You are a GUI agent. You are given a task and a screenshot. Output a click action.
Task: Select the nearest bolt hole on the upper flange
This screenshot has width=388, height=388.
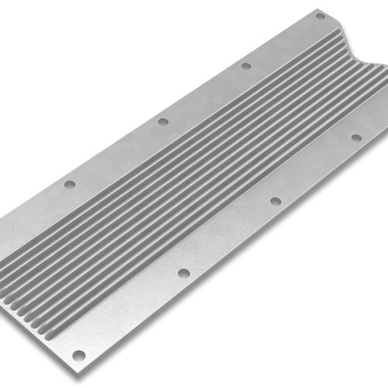[70, 185]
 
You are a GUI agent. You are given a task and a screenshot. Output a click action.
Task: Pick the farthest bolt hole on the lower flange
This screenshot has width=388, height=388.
[356, 137]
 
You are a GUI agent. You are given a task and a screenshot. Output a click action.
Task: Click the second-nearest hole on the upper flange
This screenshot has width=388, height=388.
[163, 121]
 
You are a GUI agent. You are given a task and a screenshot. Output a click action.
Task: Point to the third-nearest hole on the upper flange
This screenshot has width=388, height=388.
[246, 66]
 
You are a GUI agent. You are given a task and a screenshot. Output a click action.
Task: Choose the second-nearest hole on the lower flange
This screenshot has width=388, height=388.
[183, 273]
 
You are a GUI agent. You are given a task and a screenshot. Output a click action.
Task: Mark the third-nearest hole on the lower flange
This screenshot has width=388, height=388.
[275, 200]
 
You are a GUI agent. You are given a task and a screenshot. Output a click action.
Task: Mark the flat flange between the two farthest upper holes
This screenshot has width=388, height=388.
[283, 40]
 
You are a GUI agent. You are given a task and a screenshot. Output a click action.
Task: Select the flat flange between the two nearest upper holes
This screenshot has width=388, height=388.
[116, 153]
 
